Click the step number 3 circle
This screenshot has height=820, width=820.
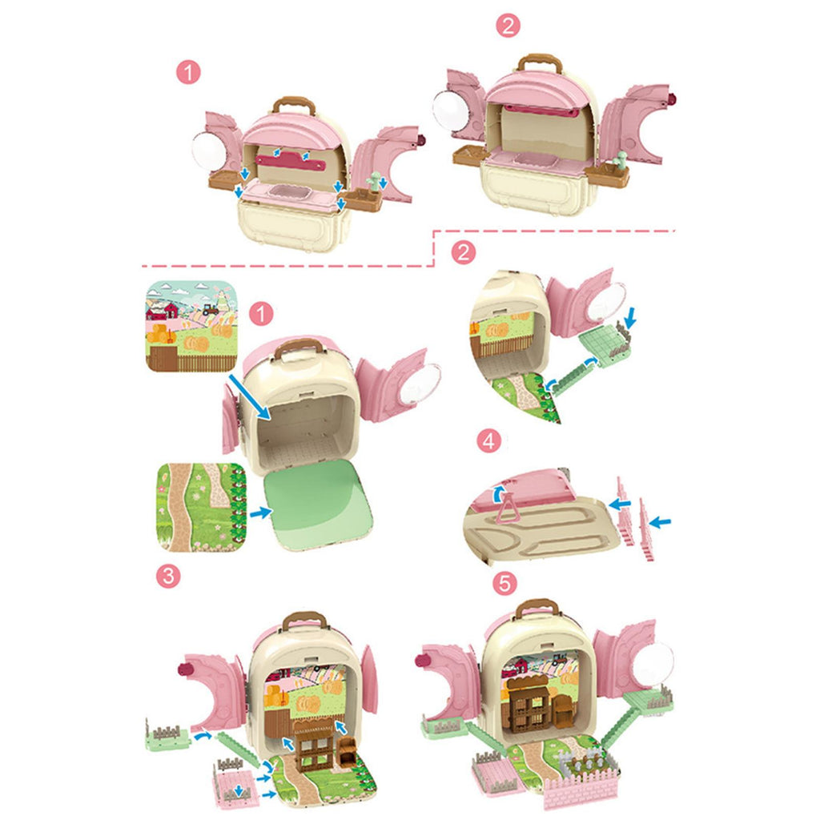[168, 577]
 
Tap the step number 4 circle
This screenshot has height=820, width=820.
[489, 441]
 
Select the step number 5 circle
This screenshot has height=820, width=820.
[504, 583]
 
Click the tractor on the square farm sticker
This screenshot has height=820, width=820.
[211, 309]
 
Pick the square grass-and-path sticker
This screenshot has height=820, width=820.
[201, 507]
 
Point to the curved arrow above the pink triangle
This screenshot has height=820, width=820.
[500, 492]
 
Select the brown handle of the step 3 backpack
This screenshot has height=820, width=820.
[305, 621]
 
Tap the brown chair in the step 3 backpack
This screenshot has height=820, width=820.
[347, 751]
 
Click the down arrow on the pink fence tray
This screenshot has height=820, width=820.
[239, 790]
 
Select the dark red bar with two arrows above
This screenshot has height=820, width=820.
[291, 163]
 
